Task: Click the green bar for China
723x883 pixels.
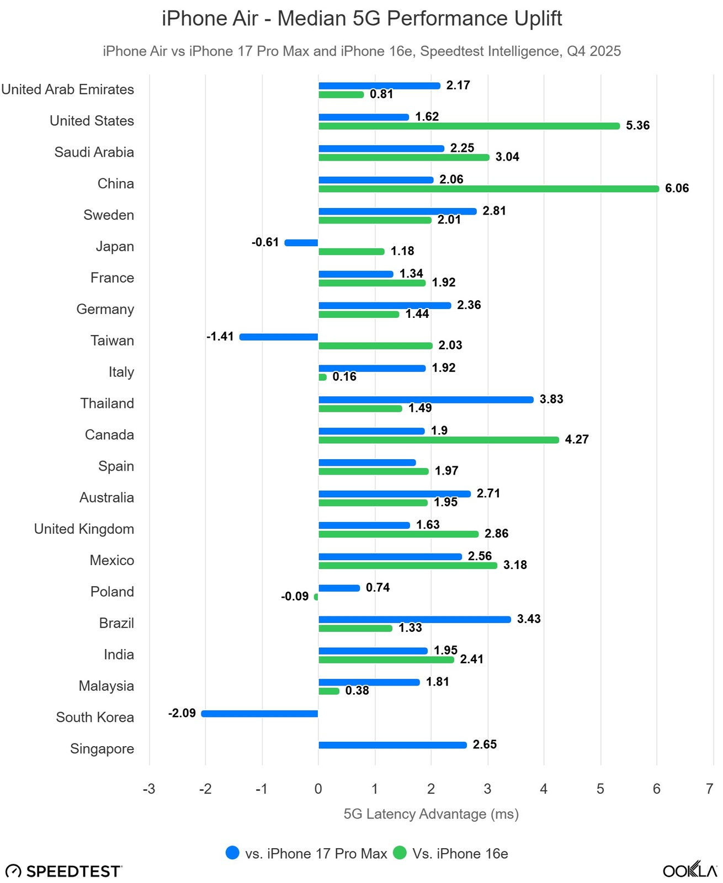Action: click(x=488, y=189)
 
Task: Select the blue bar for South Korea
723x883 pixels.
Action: click(x=260, y=714)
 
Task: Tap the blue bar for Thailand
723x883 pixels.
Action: click(x=426, y=400)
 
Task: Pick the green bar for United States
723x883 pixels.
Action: click(x=469, y=126)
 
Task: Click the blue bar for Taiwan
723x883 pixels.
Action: click(x=279, y=337)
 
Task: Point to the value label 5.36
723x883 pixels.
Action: click(x=637, y=126)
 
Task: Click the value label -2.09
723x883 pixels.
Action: click(x=182, y=713)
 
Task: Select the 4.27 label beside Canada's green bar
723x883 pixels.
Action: click(x=577, y=440)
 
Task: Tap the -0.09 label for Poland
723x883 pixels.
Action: click(x=295, y=597)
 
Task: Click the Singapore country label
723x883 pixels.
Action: click(x=102, y=749)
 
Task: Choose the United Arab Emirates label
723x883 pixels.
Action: click(x=68, y=89)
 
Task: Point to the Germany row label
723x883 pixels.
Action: click(x=105, y=309)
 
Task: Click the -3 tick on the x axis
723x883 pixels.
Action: click(x=149, y=789)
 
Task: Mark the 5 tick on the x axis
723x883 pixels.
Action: click(x=600, y=789)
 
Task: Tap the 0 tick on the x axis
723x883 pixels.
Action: click(x=318, y=789)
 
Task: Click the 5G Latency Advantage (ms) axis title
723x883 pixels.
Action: click(x=431, y=814)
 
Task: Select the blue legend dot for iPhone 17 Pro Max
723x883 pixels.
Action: click(x=232, y=853)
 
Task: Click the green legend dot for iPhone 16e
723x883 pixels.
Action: click(x=400, y=853)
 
